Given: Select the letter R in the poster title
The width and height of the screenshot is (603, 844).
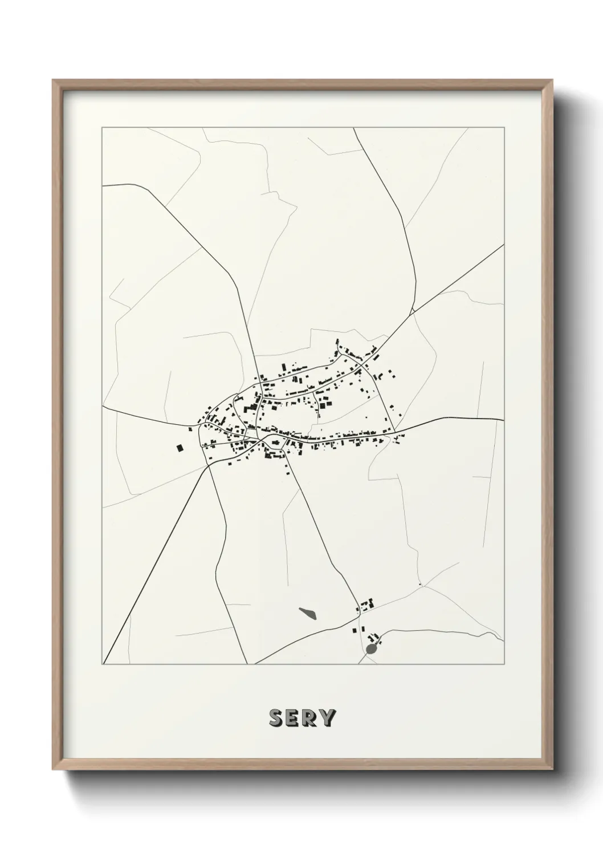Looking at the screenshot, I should pos(310,718).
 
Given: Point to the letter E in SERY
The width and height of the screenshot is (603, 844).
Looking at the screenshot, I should pos(293,718).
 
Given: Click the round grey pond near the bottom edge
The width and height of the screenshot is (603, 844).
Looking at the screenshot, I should pos(372,649).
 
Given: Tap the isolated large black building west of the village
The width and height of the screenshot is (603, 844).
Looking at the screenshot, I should pos(181,448).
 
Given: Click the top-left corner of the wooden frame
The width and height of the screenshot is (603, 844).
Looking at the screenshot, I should pos(53,80).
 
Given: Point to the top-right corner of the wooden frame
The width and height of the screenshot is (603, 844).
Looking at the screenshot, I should pos(553,80).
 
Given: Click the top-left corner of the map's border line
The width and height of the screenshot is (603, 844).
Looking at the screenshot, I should pos(102,128).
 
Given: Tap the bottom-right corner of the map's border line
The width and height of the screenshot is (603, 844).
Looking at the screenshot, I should pos(504,664).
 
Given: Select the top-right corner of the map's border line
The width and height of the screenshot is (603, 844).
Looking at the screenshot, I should pos(504,128).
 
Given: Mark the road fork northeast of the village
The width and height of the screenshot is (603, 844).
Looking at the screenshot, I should pos(413,313).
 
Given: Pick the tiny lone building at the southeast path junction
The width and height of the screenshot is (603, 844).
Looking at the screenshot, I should pos(419,585).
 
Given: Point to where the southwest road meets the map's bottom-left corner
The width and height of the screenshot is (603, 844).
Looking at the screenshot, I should pos(103,663).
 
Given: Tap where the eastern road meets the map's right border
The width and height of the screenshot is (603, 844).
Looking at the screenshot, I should pos(504,420).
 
